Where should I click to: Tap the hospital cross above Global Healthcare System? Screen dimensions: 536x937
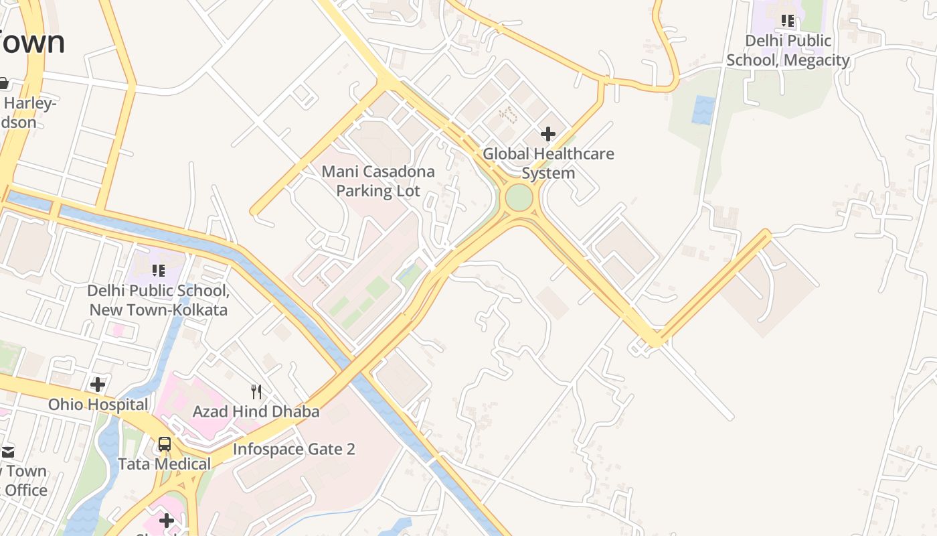click(548, 134)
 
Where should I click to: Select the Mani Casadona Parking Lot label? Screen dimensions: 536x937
click(378, 181)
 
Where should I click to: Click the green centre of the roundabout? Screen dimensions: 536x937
click(519, 198)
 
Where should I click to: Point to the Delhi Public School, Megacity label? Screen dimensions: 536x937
click(788, 50)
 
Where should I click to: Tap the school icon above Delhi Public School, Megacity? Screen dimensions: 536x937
click(788, 21)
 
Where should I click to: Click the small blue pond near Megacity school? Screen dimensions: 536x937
click(703, 110)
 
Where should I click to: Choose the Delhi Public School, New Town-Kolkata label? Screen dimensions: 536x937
click(159, 300)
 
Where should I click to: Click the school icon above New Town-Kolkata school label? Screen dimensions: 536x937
click(159, 270)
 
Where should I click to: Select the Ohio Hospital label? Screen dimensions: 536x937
click(98, 405)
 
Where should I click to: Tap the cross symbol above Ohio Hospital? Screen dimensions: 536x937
click(98, 385)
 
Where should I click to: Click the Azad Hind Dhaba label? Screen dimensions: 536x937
click(256, 411)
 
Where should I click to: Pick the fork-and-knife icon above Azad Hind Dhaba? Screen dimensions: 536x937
click(256, 391)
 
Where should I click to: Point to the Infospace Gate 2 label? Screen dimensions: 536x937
click(294, 449)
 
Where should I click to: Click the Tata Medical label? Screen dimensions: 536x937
click(164, 464)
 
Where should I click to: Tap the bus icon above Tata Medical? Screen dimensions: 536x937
click(164, 444)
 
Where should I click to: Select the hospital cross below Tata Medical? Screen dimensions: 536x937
click(167, 520)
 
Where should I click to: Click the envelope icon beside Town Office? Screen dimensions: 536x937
click(7, 452)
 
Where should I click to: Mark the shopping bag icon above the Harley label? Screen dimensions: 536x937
click(3, 83)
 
